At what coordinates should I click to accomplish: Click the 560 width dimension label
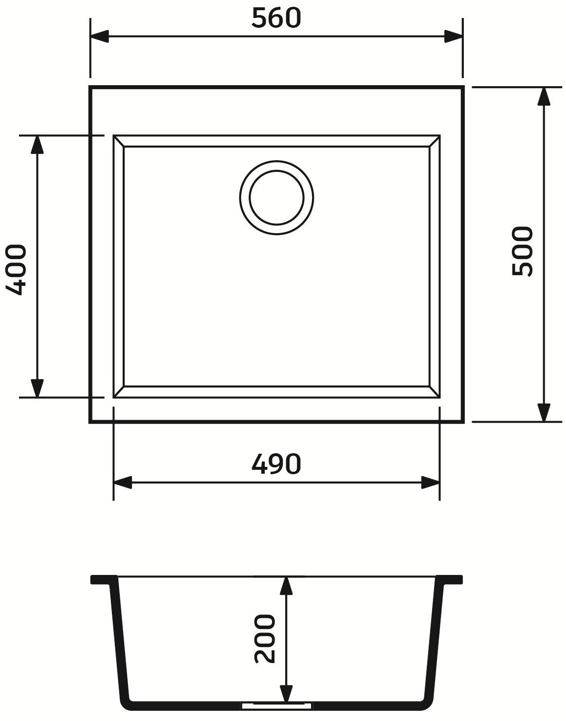tap(276, 18)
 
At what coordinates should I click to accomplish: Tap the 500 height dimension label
tap(523, 251)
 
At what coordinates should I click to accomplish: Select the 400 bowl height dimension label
tap(16, 270)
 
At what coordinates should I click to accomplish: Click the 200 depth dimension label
tap(264, 638)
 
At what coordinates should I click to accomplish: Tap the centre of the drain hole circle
tap(276, 198)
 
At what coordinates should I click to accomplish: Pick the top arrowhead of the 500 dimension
tap(544, 96)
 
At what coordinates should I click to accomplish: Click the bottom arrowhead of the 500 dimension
tap(544, 412)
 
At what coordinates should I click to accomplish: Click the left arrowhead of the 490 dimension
tap(123, 483)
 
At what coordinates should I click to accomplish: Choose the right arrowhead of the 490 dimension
tap(430, 483)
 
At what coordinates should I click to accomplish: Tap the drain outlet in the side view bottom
tap(276, 704)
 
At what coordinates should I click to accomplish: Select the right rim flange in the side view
tap(449, 579)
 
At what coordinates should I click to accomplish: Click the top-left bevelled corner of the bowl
tap(119, 141)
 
